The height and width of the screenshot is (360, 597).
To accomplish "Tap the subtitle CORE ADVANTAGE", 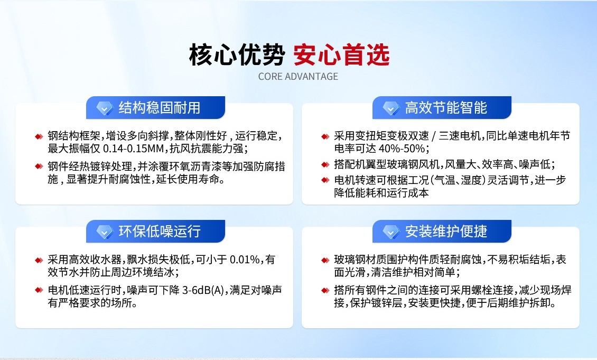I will click(298, 77).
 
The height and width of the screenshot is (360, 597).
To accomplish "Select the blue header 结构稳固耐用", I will click(159, 108).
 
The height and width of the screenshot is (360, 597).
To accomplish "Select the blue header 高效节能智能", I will click(445, 108).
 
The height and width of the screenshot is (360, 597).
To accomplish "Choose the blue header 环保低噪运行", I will click(159, 232).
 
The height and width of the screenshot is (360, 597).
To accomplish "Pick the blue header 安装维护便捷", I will click(445, 232).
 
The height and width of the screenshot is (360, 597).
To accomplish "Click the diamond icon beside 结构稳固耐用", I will click(105, 108).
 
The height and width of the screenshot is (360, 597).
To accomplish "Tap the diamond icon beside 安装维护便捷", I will click(391, 232).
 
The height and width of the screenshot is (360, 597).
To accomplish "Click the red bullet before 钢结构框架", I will click(39, 136).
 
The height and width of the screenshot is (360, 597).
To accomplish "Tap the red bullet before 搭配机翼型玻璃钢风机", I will click(325, 165).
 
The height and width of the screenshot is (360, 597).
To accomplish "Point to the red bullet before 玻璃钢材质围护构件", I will click(325, 260).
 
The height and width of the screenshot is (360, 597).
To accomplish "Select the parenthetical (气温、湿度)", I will click(458, 180).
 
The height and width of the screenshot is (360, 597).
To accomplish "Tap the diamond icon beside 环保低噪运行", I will click(105, 232).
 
